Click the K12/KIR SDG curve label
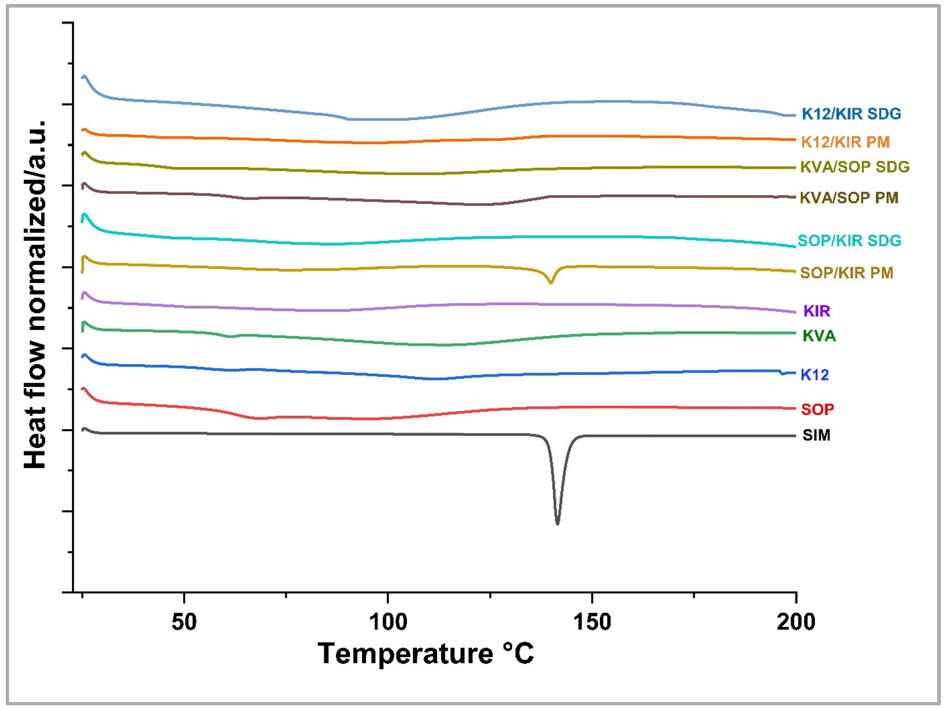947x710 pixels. point(851,114)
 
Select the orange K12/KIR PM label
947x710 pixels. point(845,142)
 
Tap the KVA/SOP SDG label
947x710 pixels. point(855,167)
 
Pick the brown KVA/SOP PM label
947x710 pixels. point(849,197)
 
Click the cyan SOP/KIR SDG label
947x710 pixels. point(849,240)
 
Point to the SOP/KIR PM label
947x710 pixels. point(846,273)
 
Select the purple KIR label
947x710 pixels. point(816,311)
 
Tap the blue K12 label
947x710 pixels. point(814,375)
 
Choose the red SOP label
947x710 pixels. point(817,410)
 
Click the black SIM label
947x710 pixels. point(816,435)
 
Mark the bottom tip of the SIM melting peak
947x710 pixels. point(557,523)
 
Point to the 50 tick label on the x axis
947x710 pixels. point(184,622)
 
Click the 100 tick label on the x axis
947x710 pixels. point(388,622)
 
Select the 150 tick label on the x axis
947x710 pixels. point(592,622)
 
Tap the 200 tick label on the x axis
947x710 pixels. point(796,622)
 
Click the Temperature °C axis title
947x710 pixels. point(425,654)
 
